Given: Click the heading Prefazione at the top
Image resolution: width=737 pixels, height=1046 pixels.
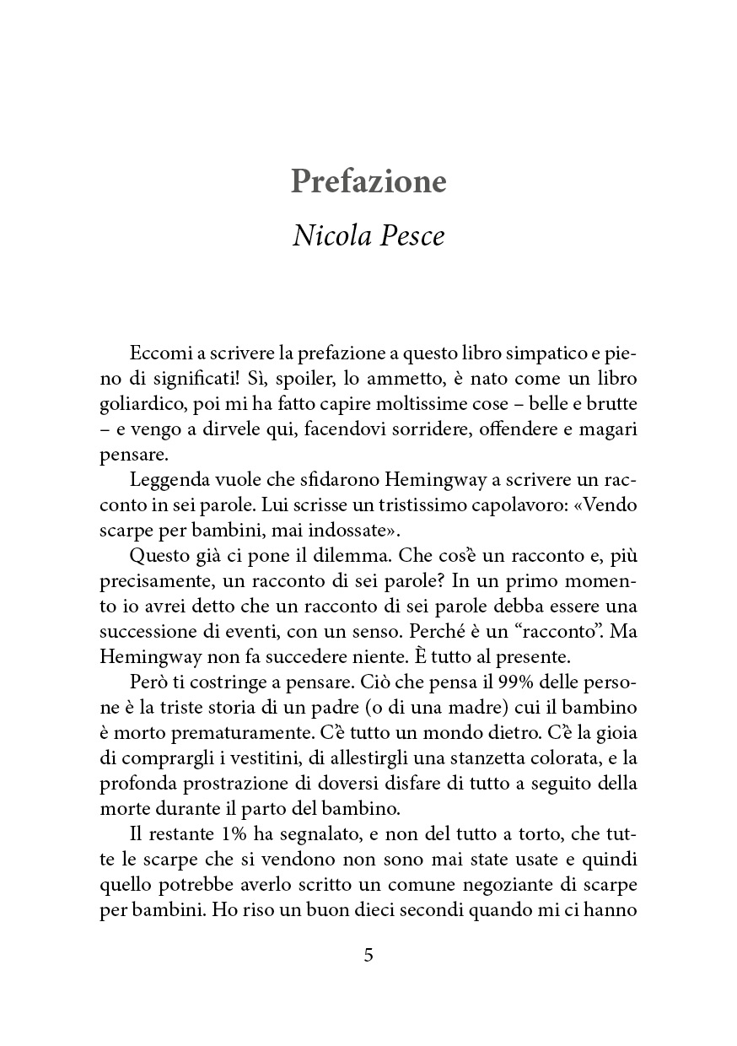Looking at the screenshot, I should (x=368, y=181).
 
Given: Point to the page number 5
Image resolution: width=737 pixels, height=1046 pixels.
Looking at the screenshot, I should (x=368, y=955).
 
